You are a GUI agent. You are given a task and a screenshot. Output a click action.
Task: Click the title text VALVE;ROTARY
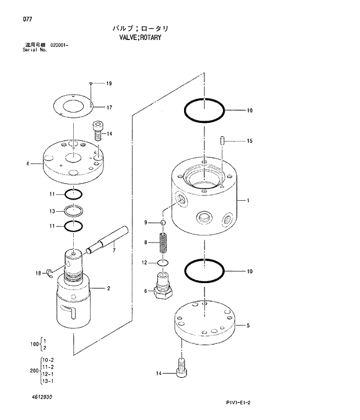[139, 37]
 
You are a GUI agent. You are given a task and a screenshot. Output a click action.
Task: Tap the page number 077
[27, 20]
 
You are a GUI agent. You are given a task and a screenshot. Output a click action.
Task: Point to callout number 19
[109, 84]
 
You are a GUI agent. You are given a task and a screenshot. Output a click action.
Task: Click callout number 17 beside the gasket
[109, 107]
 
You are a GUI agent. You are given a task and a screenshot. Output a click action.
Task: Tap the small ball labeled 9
[164, 223]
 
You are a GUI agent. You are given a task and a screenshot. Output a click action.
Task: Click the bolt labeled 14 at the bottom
[180, 366]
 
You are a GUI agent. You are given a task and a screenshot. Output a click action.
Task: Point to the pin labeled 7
[107, 238]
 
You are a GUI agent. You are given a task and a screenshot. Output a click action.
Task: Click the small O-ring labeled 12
[163, 263]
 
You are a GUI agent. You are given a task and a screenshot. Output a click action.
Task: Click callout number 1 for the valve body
[247, 201]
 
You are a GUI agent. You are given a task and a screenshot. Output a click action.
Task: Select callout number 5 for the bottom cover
[248, 326]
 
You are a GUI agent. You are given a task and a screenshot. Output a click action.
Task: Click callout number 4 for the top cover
[27, 164]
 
